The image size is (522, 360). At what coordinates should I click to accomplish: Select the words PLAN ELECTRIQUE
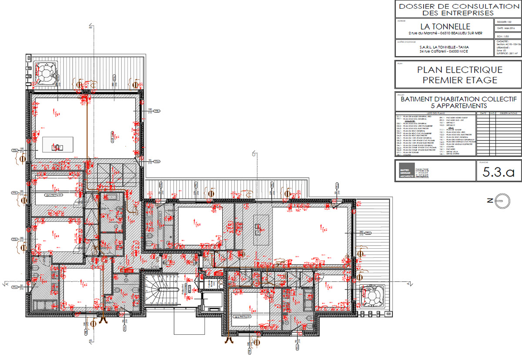point(460,70)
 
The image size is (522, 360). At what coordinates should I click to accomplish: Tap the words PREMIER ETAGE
point(460,80)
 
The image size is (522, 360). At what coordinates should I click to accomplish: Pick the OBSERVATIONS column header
point(507,113)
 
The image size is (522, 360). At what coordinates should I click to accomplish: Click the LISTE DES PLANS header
point(435,113)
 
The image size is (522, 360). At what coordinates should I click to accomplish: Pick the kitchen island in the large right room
point(260,226)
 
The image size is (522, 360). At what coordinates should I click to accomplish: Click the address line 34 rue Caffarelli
point(444,50)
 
